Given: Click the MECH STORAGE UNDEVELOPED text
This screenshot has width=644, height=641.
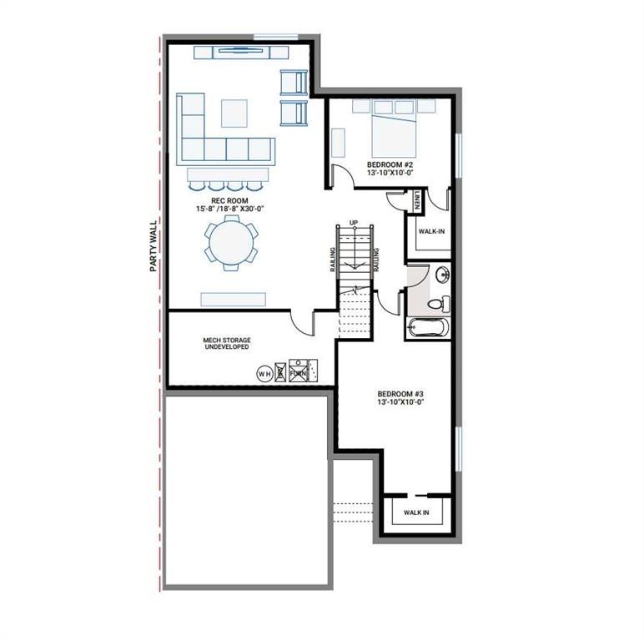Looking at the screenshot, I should [x=227, y=343].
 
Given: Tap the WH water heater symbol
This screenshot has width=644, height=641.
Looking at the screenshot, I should [x=264, y=373].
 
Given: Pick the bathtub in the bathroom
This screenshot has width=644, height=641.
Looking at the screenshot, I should [x=428, y=328].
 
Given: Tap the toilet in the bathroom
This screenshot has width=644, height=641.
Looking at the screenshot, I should [x=436, y=303].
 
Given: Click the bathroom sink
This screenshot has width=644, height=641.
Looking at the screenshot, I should [x=441, y=275].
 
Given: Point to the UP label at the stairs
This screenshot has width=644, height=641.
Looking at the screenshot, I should [x=354, y=222].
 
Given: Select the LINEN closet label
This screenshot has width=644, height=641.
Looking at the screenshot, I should [x=416, y=200].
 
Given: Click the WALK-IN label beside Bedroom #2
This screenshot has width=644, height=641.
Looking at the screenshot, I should [x=431, y=231].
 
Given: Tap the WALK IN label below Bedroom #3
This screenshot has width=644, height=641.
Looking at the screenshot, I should [x=416, y=512].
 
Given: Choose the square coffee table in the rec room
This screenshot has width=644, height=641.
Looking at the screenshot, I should [x=234, y=113].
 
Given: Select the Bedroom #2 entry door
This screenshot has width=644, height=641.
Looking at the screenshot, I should [x=340, y=176].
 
